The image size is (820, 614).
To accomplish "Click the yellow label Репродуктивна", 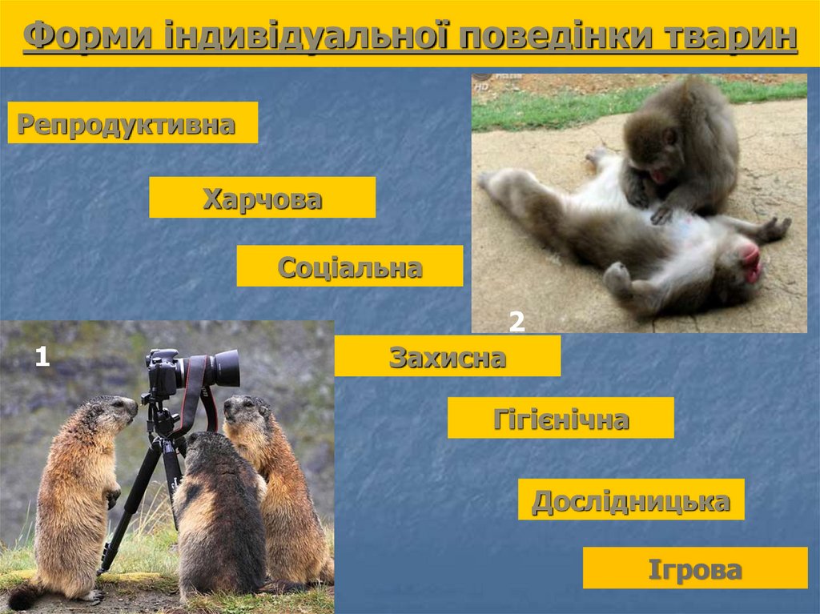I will (132, 123).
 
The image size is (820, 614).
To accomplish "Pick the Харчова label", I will (262, 198).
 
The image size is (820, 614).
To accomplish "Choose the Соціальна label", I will (349, 267).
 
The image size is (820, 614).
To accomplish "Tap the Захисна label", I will (447, 356).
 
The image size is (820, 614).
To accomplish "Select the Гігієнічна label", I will (561, 419).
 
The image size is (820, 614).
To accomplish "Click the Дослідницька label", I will (631, 500).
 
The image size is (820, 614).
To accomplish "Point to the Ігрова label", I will (694, 568).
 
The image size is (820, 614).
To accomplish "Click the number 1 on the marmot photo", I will (42, 357).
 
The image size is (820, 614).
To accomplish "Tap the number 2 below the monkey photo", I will (517, 322).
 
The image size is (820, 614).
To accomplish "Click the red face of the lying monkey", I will (750, 263).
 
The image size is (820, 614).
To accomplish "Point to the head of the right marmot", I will (244, 410).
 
